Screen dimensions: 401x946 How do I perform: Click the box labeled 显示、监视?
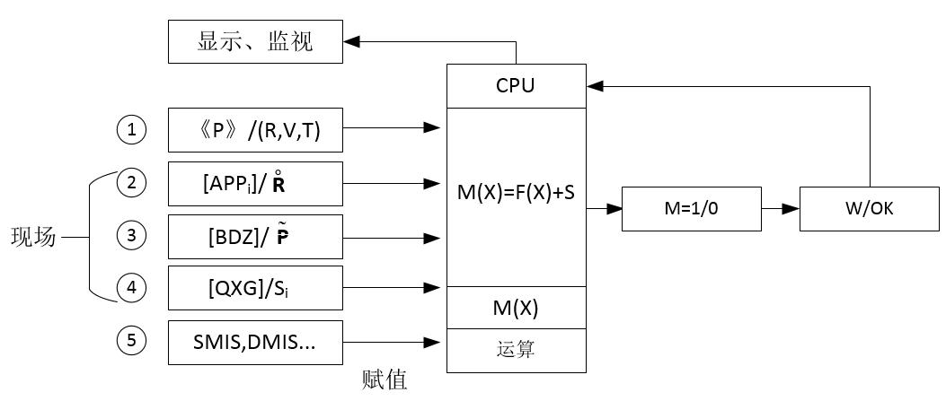click(255, 41)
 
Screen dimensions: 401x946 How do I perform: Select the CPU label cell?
click(516, 86)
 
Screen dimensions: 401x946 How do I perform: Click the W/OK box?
click(869, 209)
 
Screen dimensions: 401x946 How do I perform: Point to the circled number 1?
click(132, 130)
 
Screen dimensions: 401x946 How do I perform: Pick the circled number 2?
click(132, 183)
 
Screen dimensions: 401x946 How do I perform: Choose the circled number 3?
click(132, 236)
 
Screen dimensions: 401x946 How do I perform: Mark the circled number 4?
click(132, 288)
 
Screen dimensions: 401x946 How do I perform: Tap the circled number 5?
click(132, 341)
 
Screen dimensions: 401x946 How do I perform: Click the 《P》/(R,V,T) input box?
click(255, 130)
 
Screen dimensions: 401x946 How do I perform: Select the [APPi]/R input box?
click(255, 183)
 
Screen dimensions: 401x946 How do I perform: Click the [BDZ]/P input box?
click(255, 236)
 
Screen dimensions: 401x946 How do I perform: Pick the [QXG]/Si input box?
click(255, 288)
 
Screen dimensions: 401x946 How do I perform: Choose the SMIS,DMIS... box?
click(255, 342)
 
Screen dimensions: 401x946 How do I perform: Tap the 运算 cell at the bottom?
click(516, 350)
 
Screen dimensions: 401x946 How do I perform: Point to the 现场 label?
click(33, 238)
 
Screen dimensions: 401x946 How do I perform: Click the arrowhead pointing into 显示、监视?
click(351, 41)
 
